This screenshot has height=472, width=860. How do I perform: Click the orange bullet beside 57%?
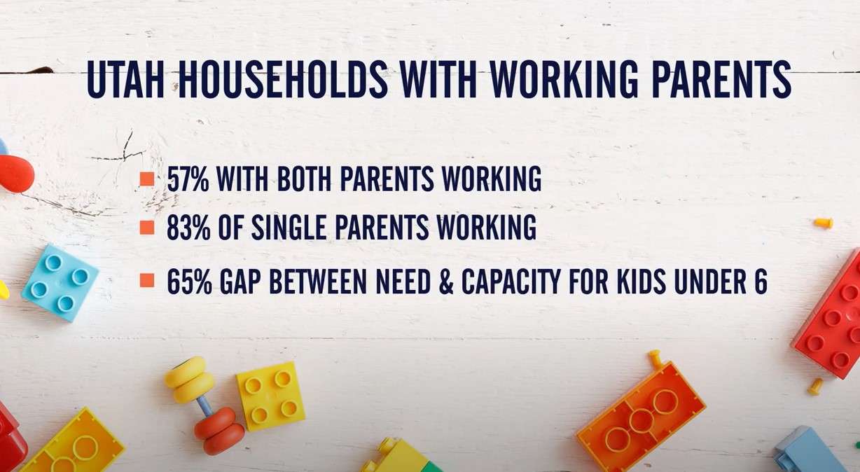click(146, 179)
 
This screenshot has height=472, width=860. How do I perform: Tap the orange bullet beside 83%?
click(146, 228)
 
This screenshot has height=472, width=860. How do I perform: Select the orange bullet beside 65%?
click(146, 281)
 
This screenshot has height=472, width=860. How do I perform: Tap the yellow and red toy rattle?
click(204, 404)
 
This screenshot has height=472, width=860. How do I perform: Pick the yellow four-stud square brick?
click(270, 396)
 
